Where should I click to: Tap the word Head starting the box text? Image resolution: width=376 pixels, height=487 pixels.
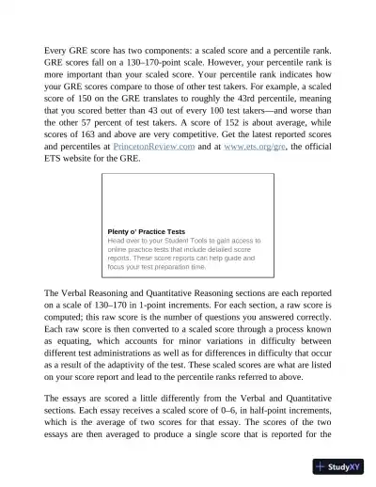(x=117, y=241)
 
